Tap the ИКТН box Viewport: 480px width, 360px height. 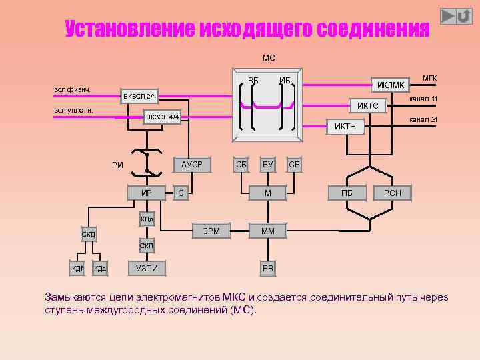(x=345, y=126)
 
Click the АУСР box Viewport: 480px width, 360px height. (x=191, y=164)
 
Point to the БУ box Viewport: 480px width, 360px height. (x=267, y=164)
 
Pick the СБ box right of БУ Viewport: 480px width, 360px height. (x=294, y=164)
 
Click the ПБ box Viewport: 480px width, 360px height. (x=347, y=193)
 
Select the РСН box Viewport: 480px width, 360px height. (x=393, y=193)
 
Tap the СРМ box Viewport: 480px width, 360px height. (x=211, y=231)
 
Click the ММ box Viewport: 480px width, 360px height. (x=267, y=231)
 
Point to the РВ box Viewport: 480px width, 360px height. (x=267, y=269)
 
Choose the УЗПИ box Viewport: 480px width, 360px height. (x=147, y=269)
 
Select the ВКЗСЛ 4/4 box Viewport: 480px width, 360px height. (x=163, y=117)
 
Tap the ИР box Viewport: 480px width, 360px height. (x=147, y=193)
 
